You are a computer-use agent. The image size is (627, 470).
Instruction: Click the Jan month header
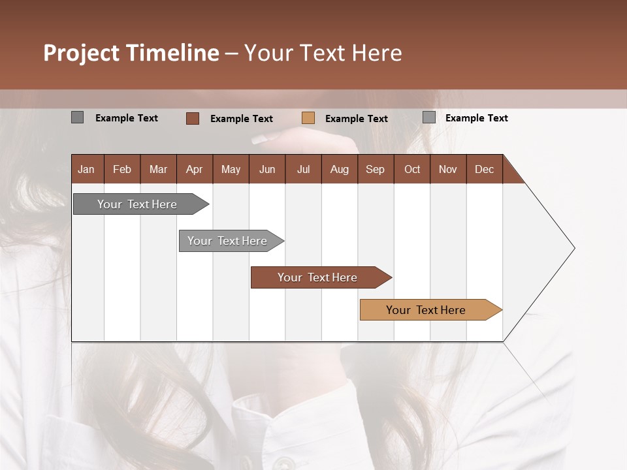tap(86, 170)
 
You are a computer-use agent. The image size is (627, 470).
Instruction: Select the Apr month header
tap(194, 170)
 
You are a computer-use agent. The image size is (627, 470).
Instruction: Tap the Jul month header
tap(303, 170)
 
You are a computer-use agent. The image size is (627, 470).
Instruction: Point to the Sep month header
tap(375, 170)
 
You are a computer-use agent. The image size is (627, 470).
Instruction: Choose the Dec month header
tap(484, 170)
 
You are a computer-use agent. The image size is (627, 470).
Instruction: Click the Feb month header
tap(122, 170)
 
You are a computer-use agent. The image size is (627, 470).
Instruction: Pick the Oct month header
tap(412, 170)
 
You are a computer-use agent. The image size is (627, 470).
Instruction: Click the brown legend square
tap(192, 118)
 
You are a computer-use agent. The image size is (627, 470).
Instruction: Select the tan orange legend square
tap(308, 118)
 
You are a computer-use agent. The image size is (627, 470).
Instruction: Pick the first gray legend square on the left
tap(77, 117)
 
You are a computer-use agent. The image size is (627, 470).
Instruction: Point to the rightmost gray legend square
tap(428, 117)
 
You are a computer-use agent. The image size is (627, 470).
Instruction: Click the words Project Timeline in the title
tap(131, 53)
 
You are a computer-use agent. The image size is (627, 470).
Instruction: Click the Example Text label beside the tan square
tap(356, 119)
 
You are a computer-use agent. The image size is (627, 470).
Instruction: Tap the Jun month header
tap(267, 170)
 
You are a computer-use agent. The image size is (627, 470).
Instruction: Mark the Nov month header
tap(447, 170)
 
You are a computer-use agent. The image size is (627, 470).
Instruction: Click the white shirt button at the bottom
tap(283, 463)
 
